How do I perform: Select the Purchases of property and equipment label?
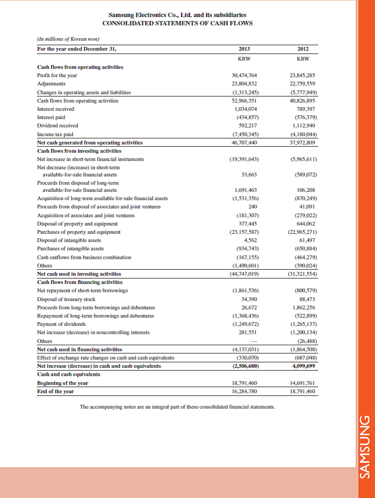(x=78, y=232)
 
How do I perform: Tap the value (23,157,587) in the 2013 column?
(x=243, y=232)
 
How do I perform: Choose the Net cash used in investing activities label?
(x=79, y=274)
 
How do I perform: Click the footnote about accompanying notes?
(x=178, y=408)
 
